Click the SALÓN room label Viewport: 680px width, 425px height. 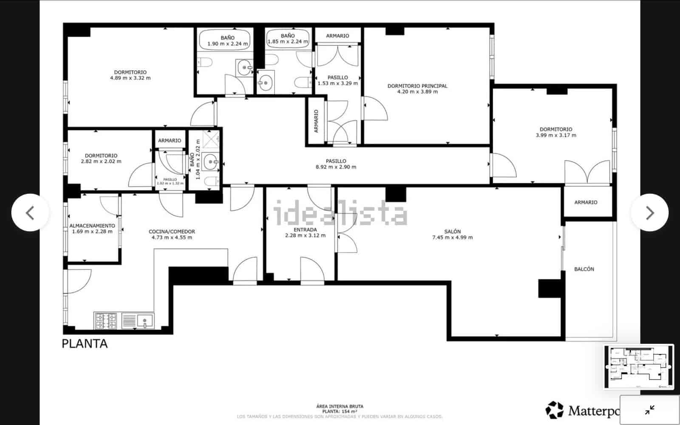452,232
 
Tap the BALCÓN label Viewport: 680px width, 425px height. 584,269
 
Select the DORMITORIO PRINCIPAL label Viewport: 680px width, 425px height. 417,86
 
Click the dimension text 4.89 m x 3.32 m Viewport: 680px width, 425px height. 130,78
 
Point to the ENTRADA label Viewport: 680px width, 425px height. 305,229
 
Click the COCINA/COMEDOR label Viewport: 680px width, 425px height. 172,232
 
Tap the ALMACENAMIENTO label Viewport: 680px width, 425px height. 92,226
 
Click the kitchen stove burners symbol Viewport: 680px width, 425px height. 106,321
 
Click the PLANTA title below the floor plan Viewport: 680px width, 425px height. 85,344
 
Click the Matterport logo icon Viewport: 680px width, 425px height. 555,410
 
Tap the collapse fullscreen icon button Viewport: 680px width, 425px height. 649,410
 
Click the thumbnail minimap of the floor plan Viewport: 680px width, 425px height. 638,367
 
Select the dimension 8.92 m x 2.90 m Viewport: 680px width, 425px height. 336,167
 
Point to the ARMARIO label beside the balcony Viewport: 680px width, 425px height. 586,202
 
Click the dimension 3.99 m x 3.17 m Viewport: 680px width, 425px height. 556,136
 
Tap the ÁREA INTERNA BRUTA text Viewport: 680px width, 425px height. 340,406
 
